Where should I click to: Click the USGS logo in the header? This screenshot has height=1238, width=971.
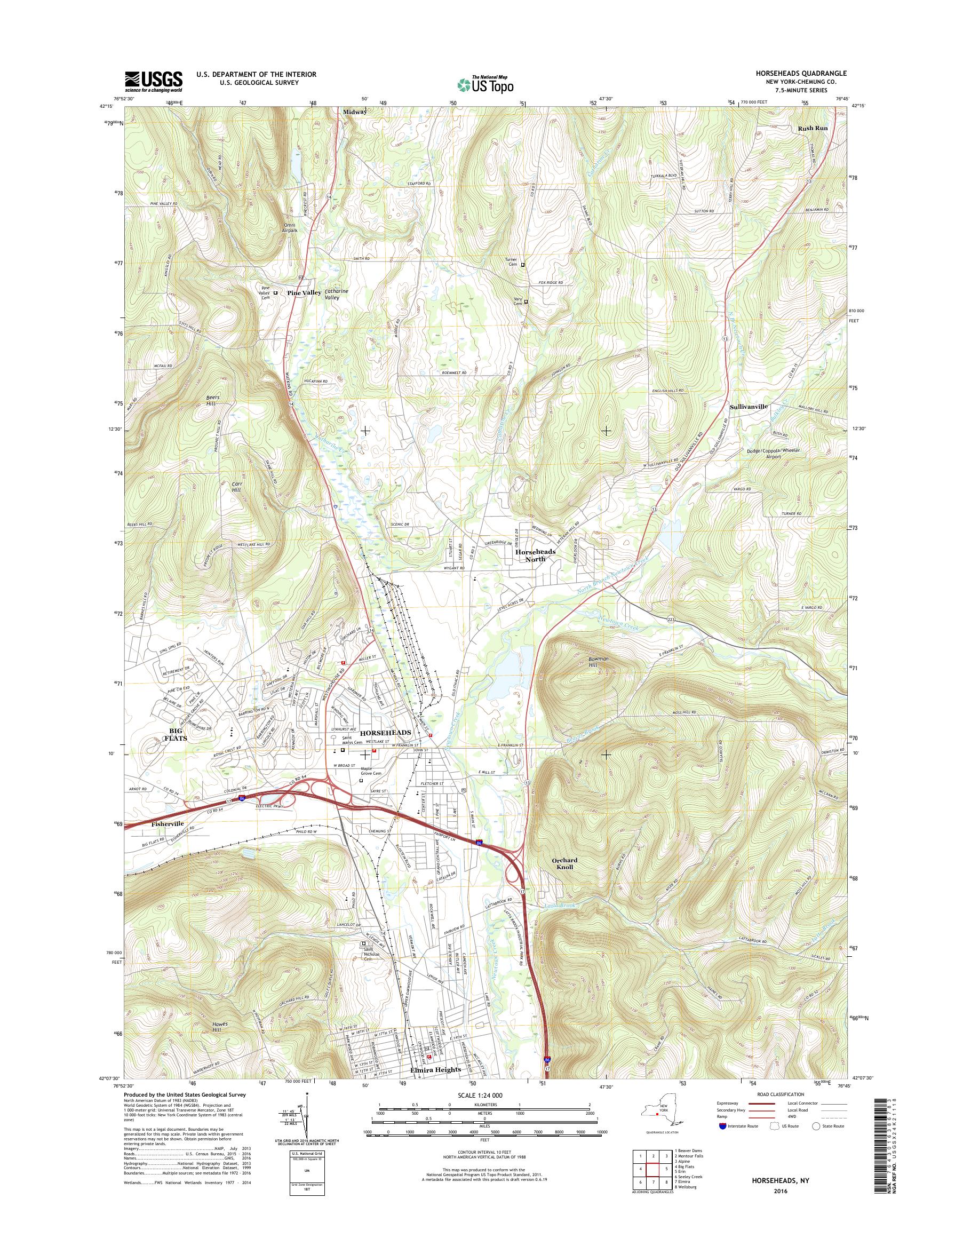point(154,81)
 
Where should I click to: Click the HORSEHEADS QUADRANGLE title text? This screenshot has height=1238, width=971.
point(802,73)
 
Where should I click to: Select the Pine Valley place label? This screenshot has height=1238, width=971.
point(304,293)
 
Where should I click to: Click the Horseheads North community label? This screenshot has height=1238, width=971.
point(535,555)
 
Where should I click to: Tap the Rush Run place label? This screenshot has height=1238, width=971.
point(813,129)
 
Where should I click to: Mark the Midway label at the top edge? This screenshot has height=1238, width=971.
point(355,113)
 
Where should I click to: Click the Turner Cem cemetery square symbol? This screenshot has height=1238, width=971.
point(523,265)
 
